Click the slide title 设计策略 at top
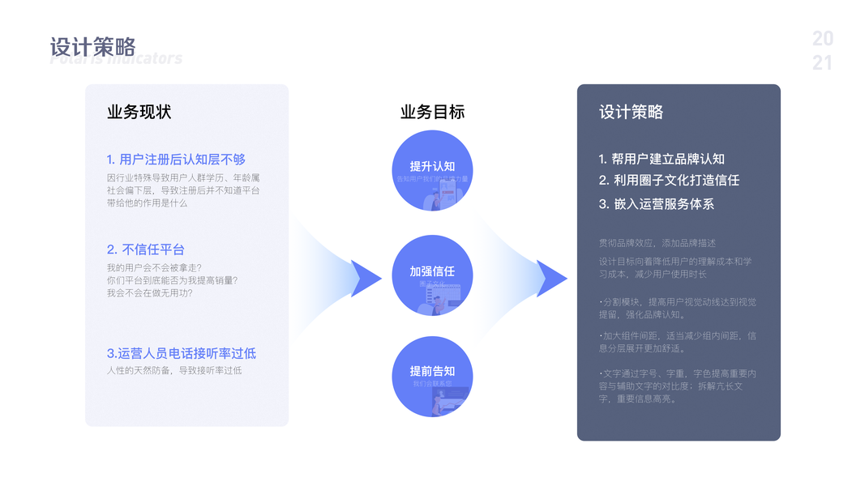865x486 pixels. coord(92,47)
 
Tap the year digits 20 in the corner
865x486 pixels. coord(822,39)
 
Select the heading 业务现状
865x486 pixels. coord(139,112)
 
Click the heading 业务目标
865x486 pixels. coord(432,112)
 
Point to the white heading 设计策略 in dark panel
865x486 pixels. coord(631,112)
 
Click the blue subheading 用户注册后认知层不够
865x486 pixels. coord(176,160)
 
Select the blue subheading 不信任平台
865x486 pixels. coord(145,249)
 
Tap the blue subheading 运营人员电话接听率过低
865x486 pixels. coord(182,353)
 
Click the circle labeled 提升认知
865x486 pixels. coord(432,171)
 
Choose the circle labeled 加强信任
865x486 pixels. coord(432,275)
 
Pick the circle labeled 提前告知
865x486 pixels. coord(432,377)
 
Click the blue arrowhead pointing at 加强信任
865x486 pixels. coord(366,278)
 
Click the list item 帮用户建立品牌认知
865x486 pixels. coord(662,159)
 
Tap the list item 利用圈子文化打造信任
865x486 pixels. coord(669,181)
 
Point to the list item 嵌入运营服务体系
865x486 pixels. coord(656,204)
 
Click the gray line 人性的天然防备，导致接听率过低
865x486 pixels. coord(174,370)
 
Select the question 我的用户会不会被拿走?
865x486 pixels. coord(154,267)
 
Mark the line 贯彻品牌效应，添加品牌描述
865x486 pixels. coord(657,243)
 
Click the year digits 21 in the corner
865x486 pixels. coord(822,63)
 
